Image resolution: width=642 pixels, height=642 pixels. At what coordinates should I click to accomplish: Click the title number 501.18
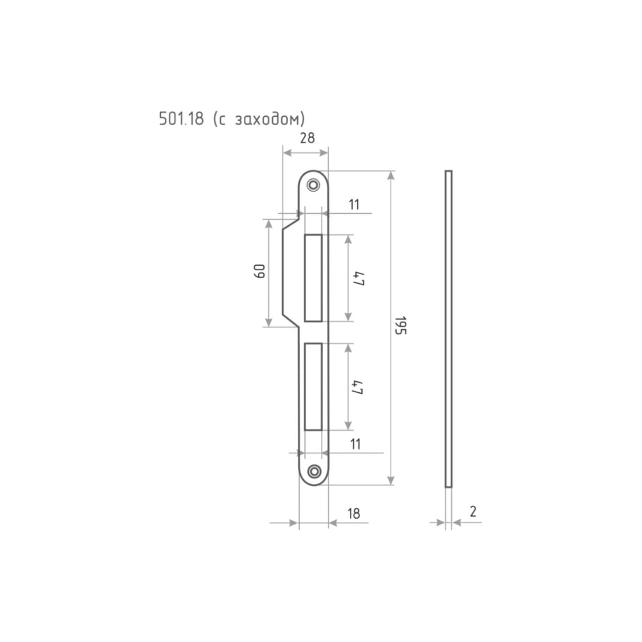point(181,118)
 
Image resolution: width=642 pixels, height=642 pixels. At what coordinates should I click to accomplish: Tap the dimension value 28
point(307,139)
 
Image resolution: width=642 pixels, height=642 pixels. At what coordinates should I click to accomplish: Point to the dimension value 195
point(400,325)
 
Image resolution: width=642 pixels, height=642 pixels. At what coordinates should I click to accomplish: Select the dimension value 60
point(259,271)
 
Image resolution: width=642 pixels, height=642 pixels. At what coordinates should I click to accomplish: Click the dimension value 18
point(353,514)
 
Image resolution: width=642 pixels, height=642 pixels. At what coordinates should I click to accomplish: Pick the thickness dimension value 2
point(473,512)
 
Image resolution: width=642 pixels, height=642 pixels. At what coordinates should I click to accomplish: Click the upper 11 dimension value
point(354,204)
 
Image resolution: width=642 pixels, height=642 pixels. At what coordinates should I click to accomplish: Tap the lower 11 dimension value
point(356,444)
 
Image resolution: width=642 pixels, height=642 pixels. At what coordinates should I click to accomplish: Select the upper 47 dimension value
point(358,279)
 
